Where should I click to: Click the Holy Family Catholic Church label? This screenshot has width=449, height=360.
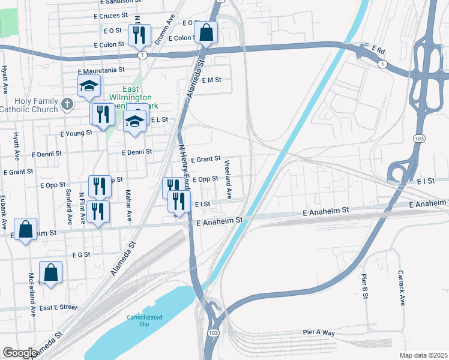point(29,104)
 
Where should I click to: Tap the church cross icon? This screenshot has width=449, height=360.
point(67,105)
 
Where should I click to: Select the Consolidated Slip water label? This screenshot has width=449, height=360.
point(145,320)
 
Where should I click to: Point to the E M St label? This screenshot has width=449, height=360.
point(212,80)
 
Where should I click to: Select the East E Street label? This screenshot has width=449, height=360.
point(58,307)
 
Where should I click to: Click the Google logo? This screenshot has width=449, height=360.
point(20,353)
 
